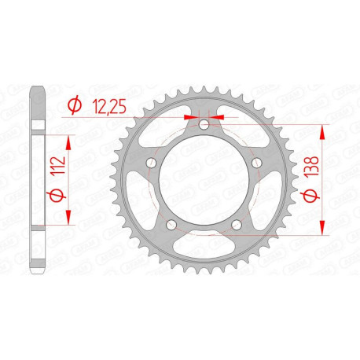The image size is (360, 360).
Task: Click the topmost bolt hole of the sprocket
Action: (x=204, y=125)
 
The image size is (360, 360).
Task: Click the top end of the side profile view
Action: (x=37, y=88)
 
